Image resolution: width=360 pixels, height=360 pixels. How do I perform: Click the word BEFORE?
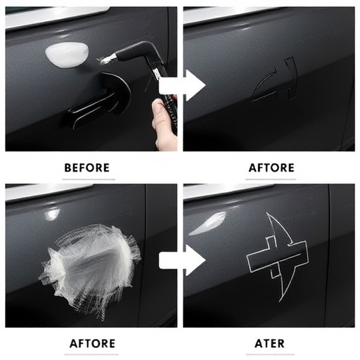[86, 167]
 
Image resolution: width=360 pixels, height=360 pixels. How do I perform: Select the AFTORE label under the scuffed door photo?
[92, 344]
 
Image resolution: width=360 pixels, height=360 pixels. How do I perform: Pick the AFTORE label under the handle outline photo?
[271, 167]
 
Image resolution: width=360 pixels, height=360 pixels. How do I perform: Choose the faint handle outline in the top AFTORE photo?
[274, 81]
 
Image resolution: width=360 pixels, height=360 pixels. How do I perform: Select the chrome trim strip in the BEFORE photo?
[56, 18]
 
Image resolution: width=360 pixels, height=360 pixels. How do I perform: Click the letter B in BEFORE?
[67, 167]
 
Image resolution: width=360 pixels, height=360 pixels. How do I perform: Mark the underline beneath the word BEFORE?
[86, 179]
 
